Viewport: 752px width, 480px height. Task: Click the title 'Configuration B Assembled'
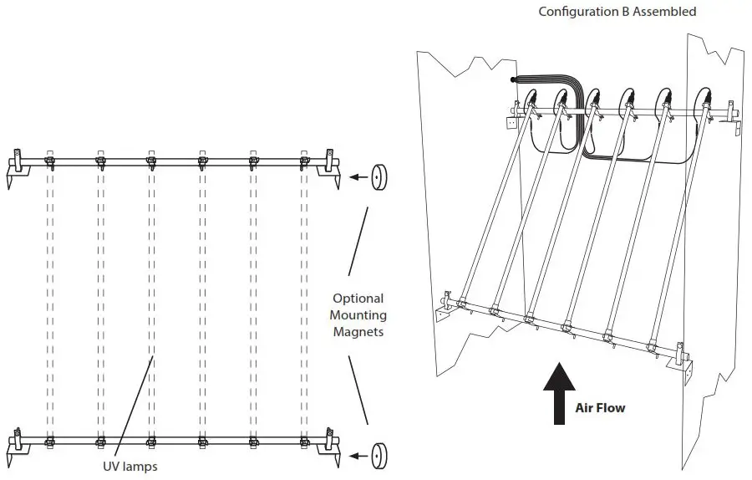617,12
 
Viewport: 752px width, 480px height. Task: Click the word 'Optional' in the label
358,298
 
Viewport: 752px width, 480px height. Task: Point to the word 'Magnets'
358,333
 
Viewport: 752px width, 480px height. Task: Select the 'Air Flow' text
600,408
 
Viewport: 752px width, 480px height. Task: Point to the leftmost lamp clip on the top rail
48,161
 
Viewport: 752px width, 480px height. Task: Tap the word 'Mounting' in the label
358,315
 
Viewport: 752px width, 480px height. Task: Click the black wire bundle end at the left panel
515,80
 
